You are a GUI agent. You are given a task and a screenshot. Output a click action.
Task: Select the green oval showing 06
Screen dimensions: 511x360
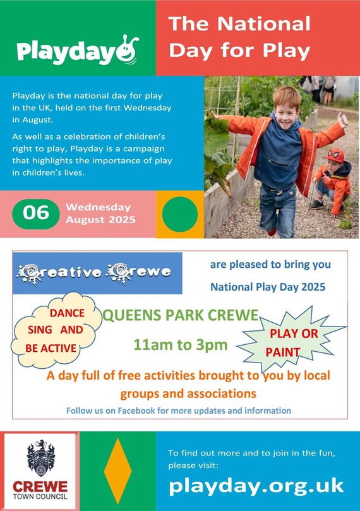[x=35, y=213]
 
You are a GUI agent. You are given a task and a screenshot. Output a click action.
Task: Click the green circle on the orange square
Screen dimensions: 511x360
[x=180, y=214]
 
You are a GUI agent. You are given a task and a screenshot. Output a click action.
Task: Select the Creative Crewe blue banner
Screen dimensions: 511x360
[x=97, y=273]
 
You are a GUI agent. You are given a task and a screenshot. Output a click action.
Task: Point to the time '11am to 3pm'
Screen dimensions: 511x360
[x=180, y=345]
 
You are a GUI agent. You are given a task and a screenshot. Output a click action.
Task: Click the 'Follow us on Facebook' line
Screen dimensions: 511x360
[x=179, y=411]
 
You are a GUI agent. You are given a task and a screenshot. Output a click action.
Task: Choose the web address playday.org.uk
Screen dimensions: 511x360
[x=256, y=486]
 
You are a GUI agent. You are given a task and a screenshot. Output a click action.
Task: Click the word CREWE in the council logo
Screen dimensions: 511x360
[x=40, y=488]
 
